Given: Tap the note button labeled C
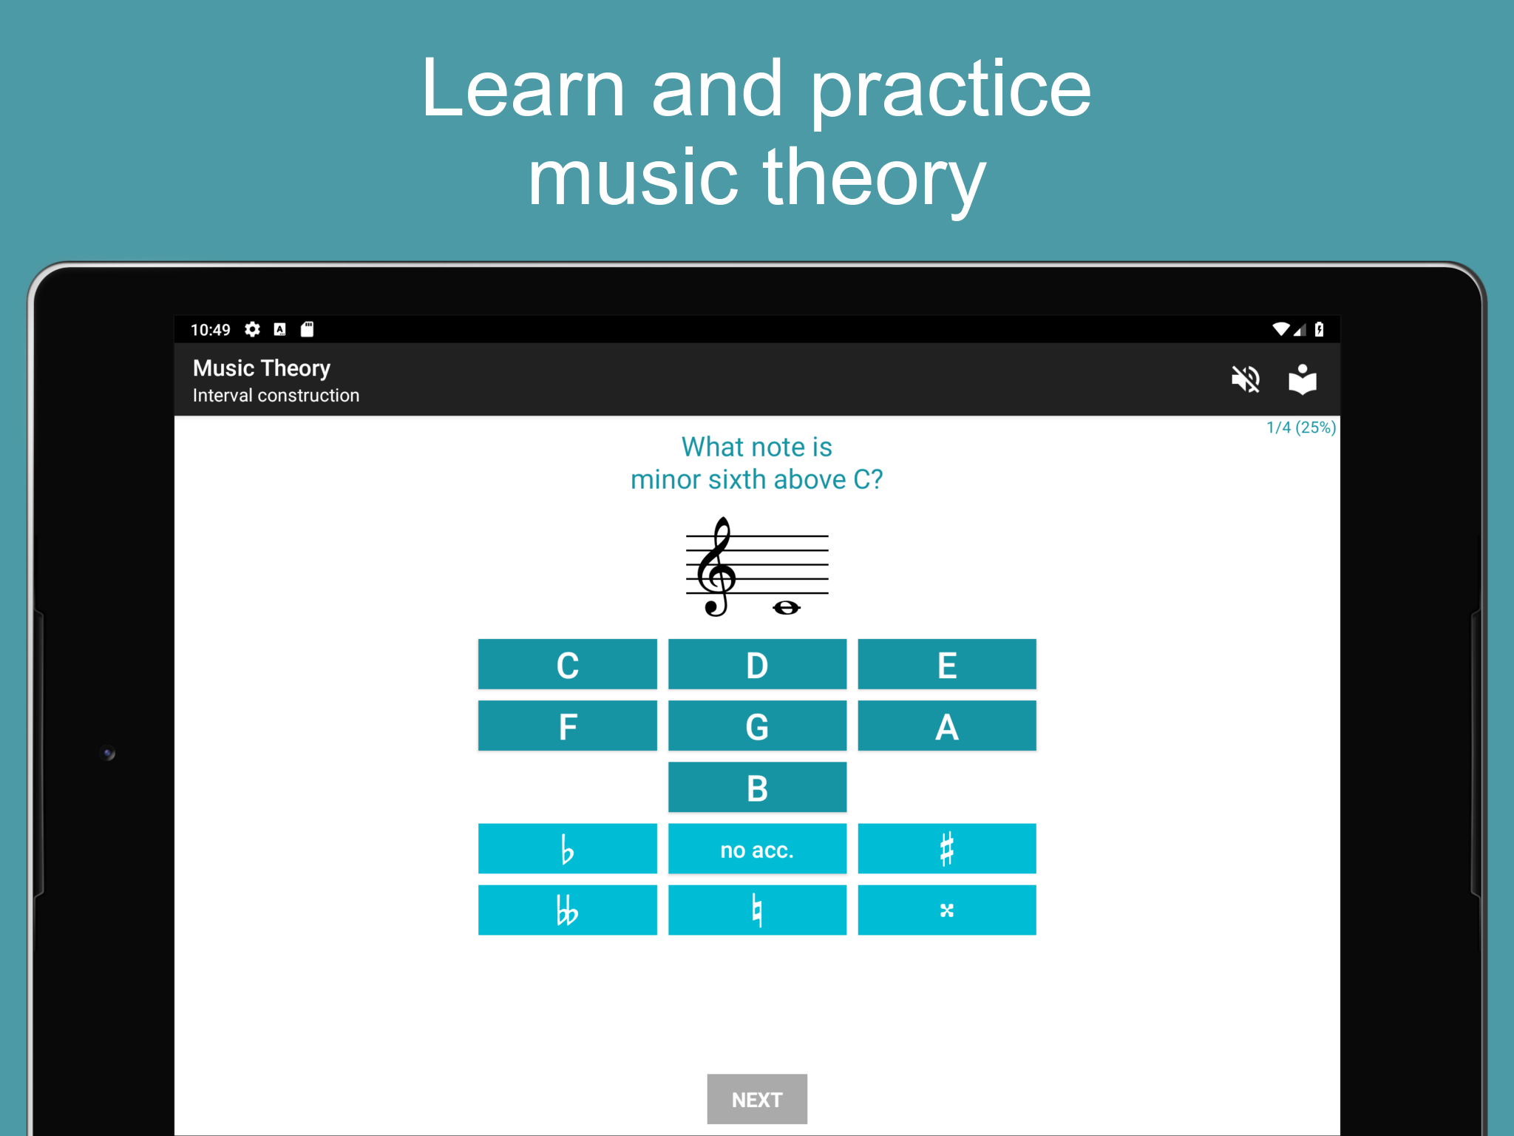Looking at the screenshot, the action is tap(567, 664).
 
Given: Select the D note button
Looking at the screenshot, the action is tap(757, 664).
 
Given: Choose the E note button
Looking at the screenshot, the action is tap(947, 664).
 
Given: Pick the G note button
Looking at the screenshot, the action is tap(757, 726).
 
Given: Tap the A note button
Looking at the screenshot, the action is tap(947, 726).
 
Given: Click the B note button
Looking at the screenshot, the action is tap(757, 787).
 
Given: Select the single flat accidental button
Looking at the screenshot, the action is tap(567, 848).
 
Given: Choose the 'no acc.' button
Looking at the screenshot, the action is tap(757, 848).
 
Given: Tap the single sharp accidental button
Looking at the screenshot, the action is tap(947, 848).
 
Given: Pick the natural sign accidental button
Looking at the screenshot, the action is tap(757, 910).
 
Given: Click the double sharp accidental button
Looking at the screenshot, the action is tap(947, 910).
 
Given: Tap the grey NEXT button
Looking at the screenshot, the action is tap(757, 1099).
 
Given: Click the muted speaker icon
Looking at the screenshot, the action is tap(1246, 379).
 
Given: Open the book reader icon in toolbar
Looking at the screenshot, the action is tap(1303, 379).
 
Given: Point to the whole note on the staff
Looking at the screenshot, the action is tap(786, 608).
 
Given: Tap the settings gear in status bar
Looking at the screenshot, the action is tap(253, 329).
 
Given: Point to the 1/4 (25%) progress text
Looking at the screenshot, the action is tap(1301, 427).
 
